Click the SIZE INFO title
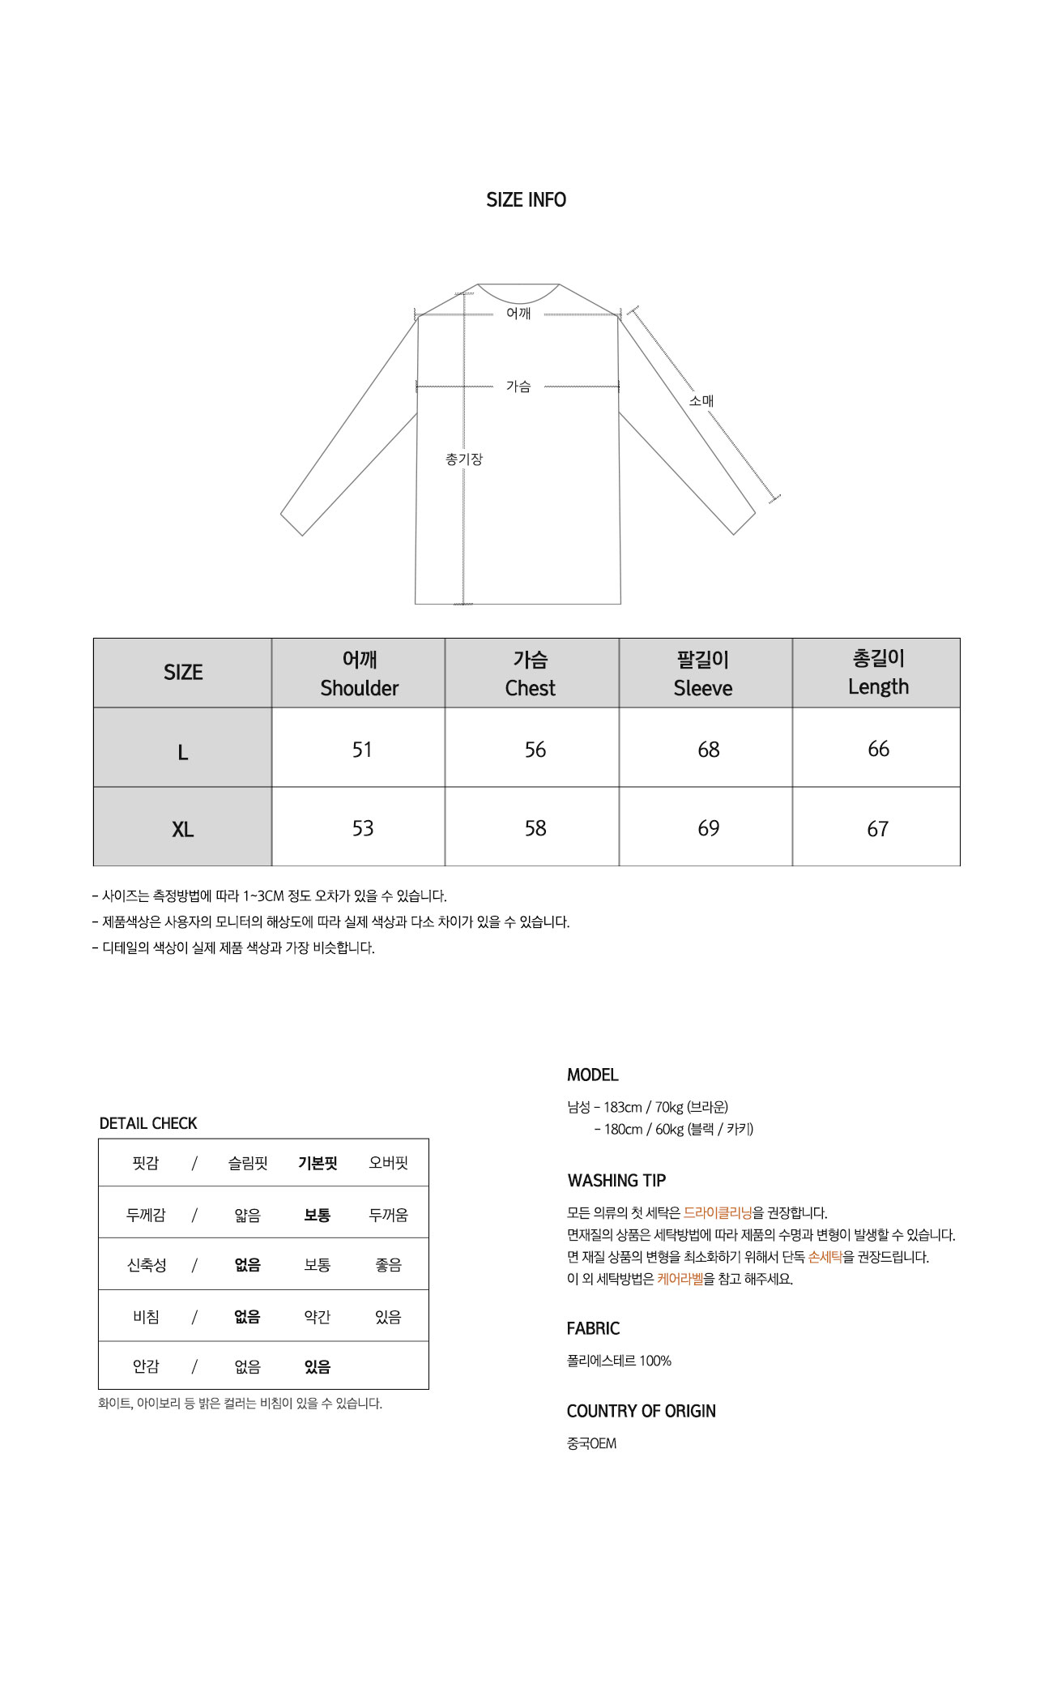point(526,200)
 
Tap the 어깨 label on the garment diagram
point(518,314)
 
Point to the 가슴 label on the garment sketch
point(518,387)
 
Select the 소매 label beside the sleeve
point(701,401)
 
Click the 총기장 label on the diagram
point(464,459)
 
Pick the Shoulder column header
point(359,673)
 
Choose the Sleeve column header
point(703,673)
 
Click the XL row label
point(183,830)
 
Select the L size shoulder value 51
point(362,750)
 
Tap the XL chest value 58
point(535,828)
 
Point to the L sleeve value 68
point(709,750)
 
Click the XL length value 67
point(878,829)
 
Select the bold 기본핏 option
point(318,1164)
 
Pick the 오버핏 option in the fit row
point(388,1164)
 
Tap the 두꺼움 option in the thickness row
point(388,1215)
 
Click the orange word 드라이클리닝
point(718,1213)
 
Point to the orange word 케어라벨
point(680,1280)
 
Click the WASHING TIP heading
point(616,1181)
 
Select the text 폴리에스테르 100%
point(619,1361)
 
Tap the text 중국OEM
point(591,1444)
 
